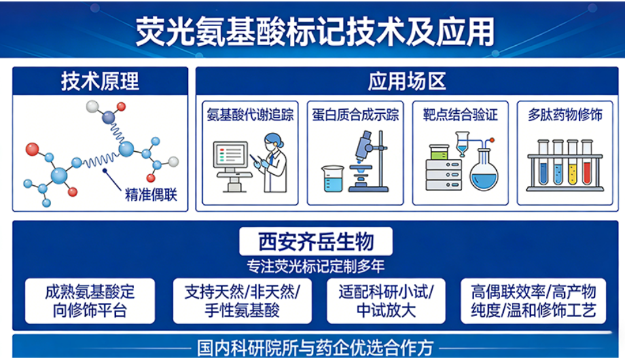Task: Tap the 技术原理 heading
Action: (x=100, y=81)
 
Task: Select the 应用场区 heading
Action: (x=406, y=81)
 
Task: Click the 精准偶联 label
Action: (x=151, y=194)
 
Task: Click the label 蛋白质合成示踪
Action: (x=354, y=115)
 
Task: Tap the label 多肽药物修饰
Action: (x=565, y=115)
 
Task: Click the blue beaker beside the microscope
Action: (x=332, y=178)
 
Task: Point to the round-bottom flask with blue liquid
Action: (x=484, y=171)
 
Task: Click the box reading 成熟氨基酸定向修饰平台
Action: (x=90, y=301)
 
